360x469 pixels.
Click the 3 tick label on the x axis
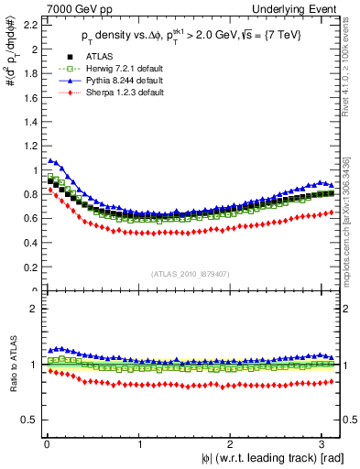pos(325,442)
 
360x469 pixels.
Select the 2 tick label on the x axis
pos(233,442)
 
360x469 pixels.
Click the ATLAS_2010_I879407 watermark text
pos(191,274)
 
